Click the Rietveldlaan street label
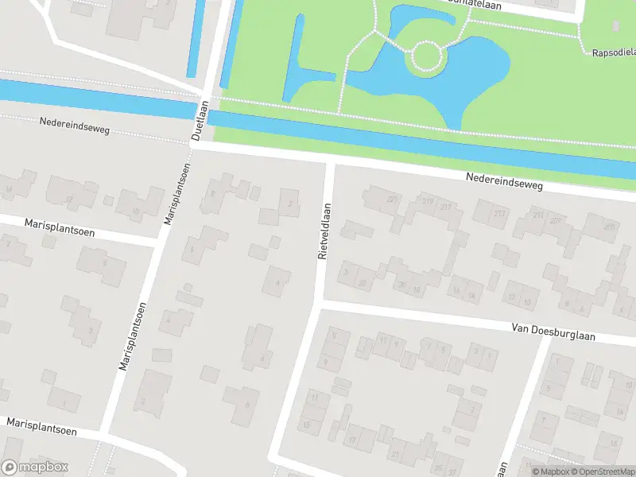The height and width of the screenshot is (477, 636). pos(324,231)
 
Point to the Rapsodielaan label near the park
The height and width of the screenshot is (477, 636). pos(613,53)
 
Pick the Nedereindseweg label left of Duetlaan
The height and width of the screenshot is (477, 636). pos(74,127)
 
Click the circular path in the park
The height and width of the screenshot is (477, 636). pos(425,57)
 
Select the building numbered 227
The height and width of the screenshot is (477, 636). pos(391,200)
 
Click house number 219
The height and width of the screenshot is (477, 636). pos(428,201)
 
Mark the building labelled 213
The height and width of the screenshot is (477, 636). pos(499,213)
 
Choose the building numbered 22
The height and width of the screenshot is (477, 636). pos(363,282)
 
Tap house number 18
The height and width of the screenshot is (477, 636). pos(416,289)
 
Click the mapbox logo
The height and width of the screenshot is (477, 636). pos(35,467)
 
